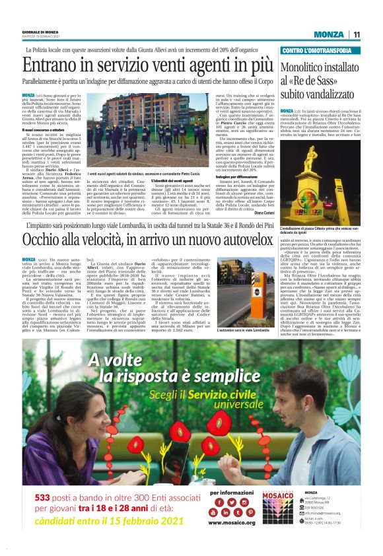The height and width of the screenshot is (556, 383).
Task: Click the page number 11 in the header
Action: point(356,34)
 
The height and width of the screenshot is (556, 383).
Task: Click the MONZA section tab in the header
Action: point(328,34)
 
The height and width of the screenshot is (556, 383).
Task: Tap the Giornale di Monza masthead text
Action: point(39,32)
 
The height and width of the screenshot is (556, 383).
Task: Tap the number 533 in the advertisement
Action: point(62,514)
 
